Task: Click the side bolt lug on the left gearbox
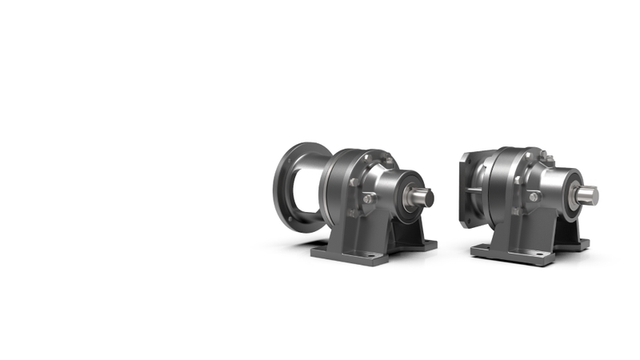click(369, 198)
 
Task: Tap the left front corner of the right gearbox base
click(474, 250)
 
